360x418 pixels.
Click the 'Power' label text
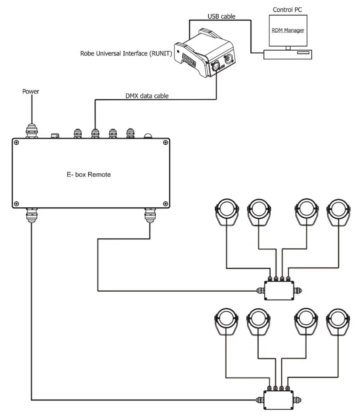point(31,91)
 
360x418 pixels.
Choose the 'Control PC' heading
point(288,9)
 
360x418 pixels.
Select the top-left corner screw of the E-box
point(16,142)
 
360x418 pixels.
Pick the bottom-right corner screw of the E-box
point(165,203)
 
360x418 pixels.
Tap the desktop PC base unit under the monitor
point(287,55)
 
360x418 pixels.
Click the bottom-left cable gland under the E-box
point(31,215)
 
